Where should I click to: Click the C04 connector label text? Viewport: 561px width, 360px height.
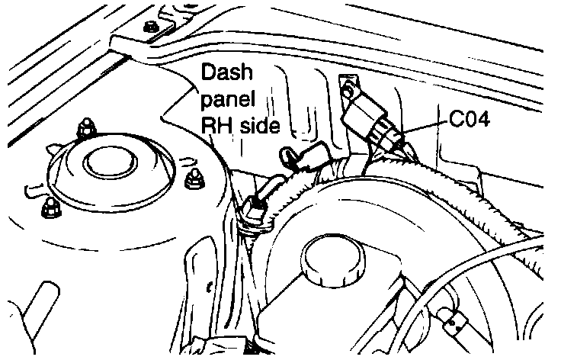pos(470,120)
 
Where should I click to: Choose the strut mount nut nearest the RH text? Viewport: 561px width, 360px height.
pos(193,178)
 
